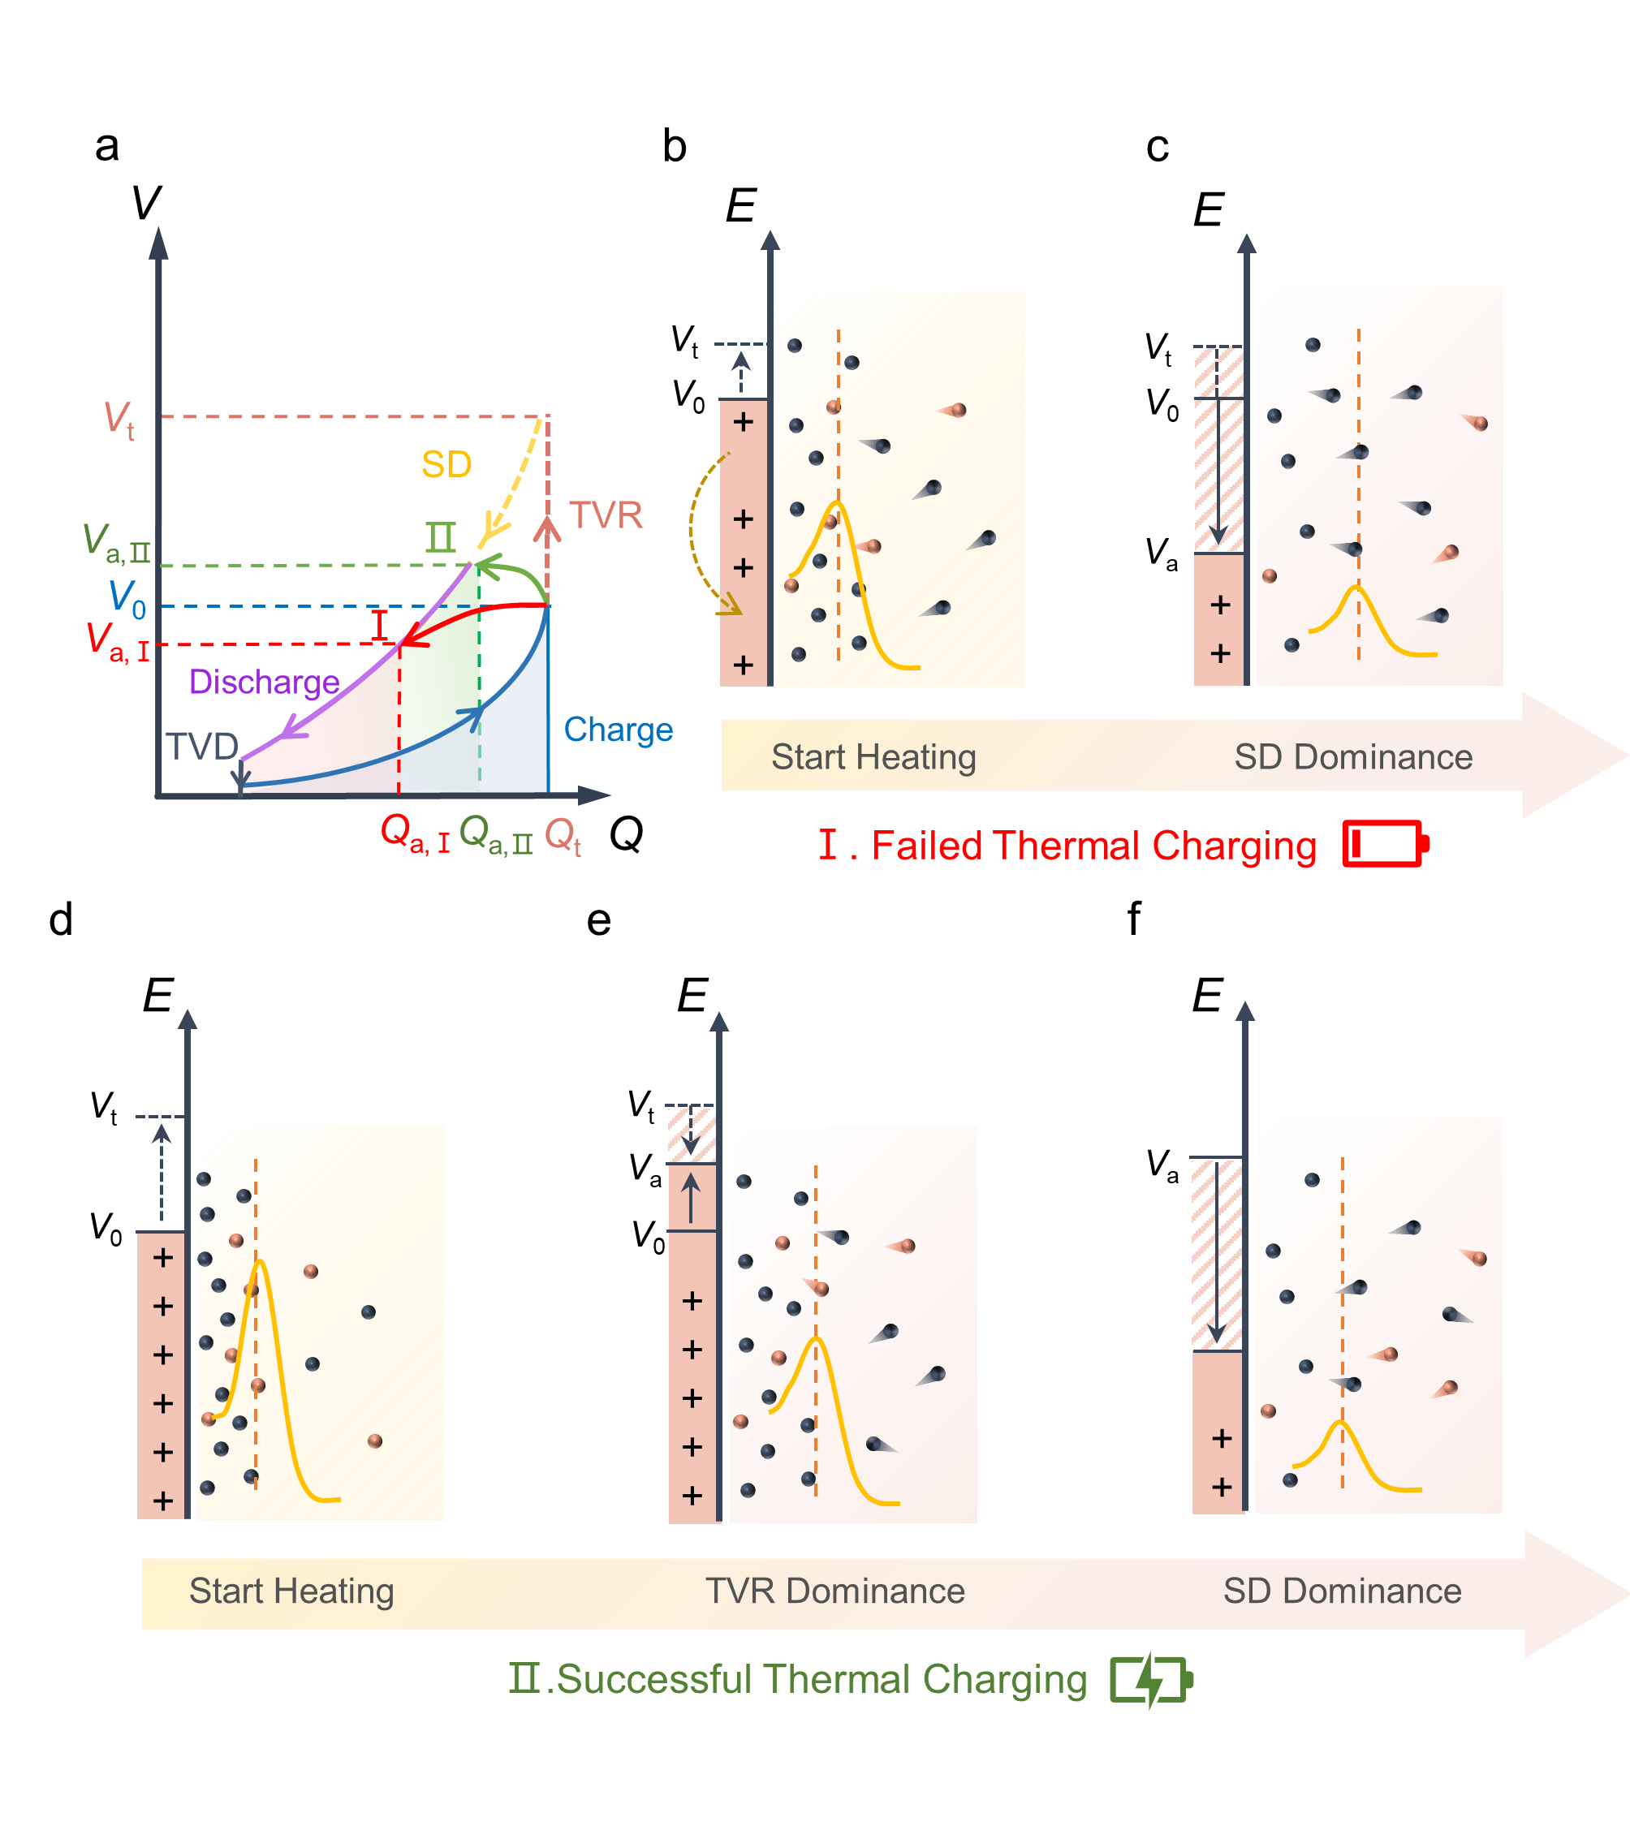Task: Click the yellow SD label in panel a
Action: (446, 465)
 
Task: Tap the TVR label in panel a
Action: (606, 515)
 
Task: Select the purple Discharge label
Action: (264, 683)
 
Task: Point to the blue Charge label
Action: (618, 730)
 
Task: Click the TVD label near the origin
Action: (202, 746)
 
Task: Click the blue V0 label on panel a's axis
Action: (127, 599)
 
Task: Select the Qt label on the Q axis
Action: (563, 836)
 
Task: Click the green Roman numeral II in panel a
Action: (441, 537)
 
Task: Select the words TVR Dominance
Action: (834, 1591)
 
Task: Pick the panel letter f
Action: (1134, 919)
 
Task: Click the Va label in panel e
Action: (645, 1169)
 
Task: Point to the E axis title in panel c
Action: (1208, 210)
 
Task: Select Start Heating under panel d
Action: (291, 1591)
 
